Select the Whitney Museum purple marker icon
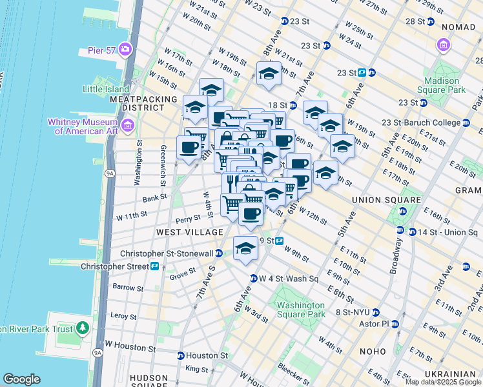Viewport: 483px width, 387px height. [x=127, y=124]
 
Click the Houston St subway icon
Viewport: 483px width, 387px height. [x=181, y=355]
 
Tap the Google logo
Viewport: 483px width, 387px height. [x=21, y=379]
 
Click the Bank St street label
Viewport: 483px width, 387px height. [x=155, y=199]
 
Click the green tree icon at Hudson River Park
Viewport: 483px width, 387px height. [x=82, y=328]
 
